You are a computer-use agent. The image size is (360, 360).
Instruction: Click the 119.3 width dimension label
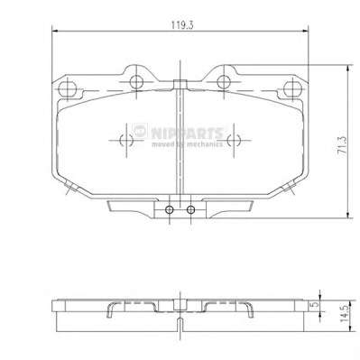[182, 25]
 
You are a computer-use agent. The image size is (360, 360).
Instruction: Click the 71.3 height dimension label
[342, 145]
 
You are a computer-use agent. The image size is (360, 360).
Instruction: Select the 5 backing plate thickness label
[315, 304]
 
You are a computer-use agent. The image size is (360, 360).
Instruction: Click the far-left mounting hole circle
[67, 88]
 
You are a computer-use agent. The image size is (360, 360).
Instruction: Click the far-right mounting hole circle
[292, 88]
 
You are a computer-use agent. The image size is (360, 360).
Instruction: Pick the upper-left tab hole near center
[136, 81]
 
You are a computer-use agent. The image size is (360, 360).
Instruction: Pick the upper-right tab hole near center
[224, 81]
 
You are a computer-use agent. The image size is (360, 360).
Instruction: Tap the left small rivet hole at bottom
[170, 209]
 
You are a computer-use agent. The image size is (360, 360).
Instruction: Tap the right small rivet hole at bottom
[190, 209]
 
